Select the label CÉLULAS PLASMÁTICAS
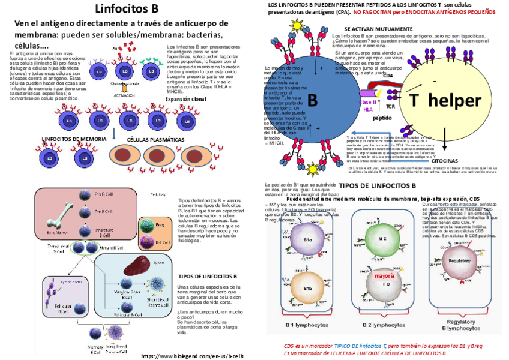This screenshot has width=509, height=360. tap(155, 139)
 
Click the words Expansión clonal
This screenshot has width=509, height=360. tap(185, 99)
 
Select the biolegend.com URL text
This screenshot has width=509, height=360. tap(192, 356)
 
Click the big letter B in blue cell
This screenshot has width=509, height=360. tap(312, 100)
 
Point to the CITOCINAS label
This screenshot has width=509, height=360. tap(445, 161)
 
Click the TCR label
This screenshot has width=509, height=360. tap(390, 107)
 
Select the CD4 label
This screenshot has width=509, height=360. tap(388, 76)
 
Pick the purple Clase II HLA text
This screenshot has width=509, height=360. tap(367, 106)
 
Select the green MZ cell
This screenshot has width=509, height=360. tap(382, 239)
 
